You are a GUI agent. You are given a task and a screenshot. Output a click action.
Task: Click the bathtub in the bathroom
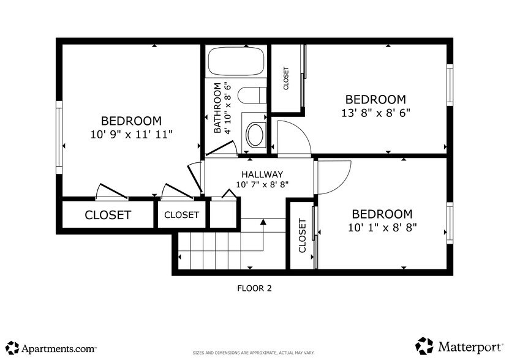click(236, 62)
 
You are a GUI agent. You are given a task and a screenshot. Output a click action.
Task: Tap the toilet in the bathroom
click(251, 96)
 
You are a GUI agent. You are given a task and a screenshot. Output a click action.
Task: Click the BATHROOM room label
click(217, 108)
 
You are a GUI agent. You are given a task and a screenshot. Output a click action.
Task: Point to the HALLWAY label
click(262, 174)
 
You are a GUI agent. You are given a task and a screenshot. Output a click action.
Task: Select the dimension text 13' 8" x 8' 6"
click(375, 113)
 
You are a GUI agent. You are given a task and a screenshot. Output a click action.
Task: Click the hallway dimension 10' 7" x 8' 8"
click(262, 184)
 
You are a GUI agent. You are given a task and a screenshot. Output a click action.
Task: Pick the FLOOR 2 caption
click(254, 288)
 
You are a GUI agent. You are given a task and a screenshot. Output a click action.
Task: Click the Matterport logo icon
click(424, 346)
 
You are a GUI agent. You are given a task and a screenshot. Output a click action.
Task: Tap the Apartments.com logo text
click(58, 348)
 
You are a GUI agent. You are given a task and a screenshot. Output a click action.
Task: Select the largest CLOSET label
click(108, 215)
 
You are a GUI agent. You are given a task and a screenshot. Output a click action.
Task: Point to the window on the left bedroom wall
click(59, 133)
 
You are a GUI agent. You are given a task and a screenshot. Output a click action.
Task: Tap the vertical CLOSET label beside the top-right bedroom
click(286, 79)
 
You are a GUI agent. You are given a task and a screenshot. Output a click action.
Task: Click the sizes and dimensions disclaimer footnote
click(254, 353)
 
